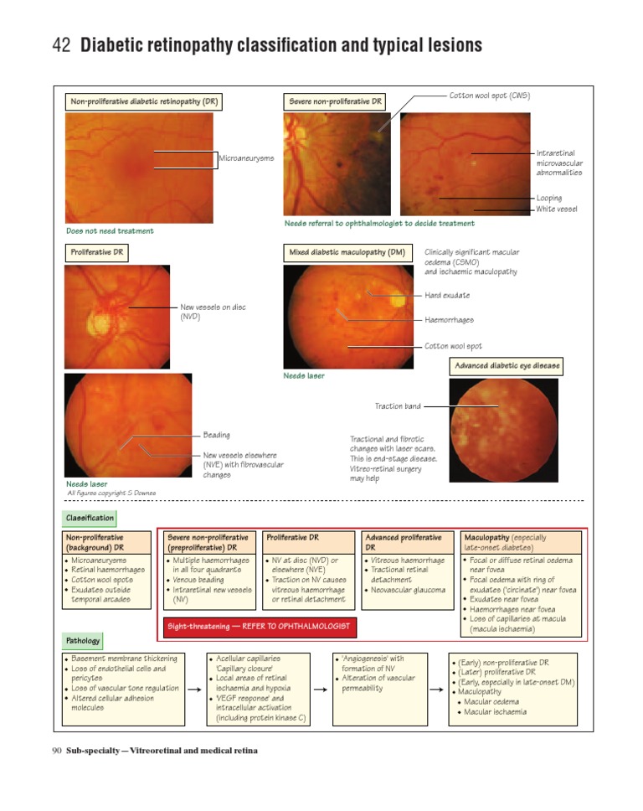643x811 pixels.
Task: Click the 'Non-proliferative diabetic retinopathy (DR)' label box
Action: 143,102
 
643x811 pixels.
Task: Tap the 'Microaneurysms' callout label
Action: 246,158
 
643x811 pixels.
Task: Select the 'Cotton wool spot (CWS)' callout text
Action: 489,96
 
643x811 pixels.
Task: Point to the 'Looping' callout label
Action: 550,199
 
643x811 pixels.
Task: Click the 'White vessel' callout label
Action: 557,209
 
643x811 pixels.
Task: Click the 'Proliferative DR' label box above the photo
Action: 96,251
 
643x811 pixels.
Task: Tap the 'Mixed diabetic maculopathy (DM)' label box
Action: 347,251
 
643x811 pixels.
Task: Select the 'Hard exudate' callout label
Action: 447,295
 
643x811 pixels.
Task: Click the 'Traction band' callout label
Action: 398,406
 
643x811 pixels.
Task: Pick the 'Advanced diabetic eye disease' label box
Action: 507,366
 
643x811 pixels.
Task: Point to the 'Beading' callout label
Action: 217,435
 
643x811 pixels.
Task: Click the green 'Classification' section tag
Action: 90,519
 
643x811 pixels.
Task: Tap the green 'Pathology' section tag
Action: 84,641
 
